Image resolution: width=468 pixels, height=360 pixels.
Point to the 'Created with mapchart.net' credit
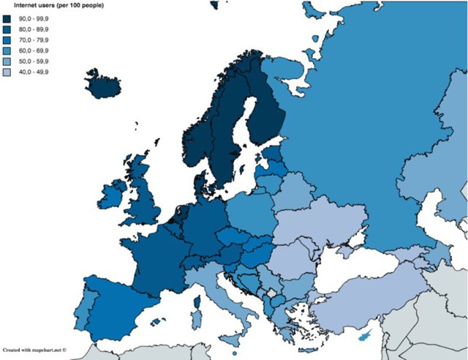tap(34, 350)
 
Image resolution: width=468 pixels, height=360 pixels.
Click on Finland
tap(267, 110)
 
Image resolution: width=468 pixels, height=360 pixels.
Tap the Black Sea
tap(344, 263)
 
